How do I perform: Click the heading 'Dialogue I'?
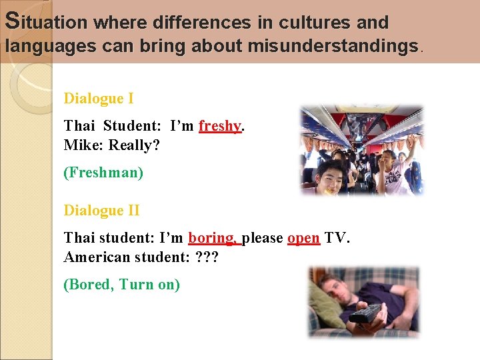coord(99,99)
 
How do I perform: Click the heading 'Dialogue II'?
coord(101,211)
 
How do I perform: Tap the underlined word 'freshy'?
coord(219,126)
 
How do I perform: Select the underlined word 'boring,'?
coord(213,238)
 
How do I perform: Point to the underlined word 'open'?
coord(303,238)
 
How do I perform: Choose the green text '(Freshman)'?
coord(103,173)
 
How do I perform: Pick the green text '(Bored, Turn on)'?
coord(121,285)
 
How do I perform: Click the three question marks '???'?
coord(209,257)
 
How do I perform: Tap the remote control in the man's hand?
coord(365,313)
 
